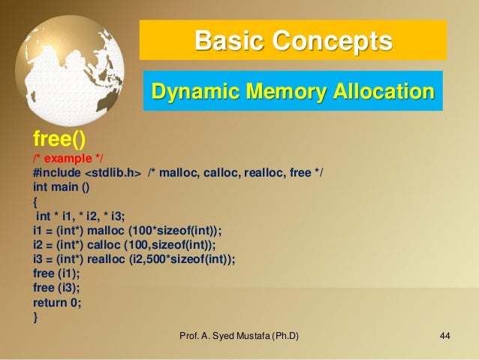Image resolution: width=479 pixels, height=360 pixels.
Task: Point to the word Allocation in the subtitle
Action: pos(381,92)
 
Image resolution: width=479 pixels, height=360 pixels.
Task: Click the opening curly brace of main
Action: pos(35,202)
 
